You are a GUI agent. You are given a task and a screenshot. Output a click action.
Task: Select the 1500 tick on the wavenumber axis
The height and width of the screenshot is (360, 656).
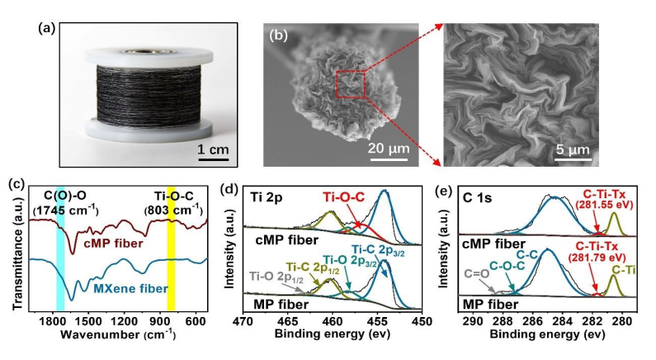point(90,320)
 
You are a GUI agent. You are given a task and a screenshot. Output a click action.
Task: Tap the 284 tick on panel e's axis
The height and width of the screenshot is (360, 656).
point(564,321)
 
